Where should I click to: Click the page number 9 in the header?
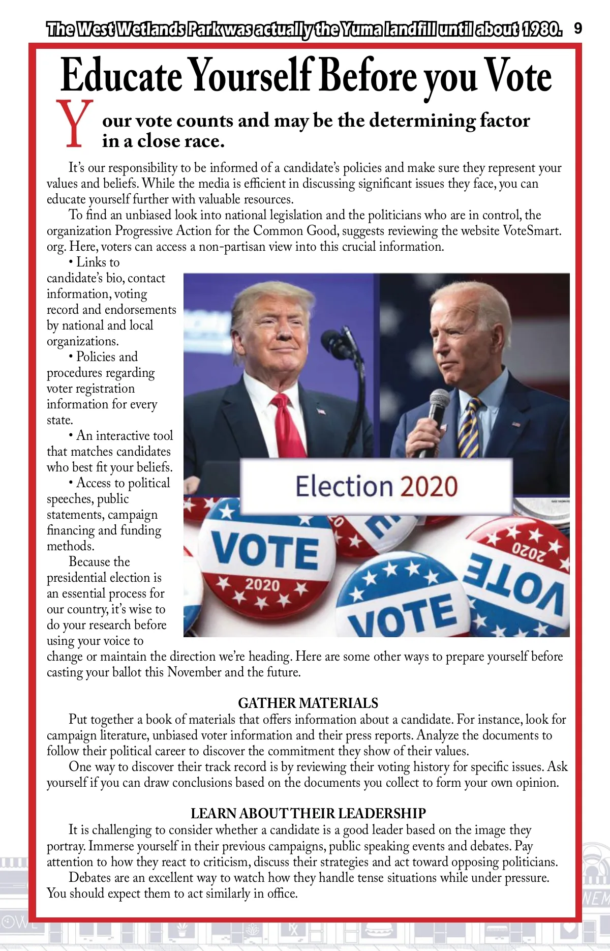pos(578,28)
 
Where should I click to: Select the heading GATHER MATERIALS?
pos(308,703)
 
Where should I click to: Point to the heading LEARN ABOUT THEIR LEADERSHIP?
pos(308,813)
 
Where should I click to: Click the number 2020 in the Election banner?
pos(429,486)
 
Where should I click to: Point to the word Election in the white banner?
pos(344,486)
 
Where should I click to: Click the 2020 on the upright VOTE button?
pos(262,584)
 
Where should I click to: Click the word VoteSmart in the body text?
pos(531,230)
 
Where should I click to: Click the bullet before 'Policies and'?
pos(71,357)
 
